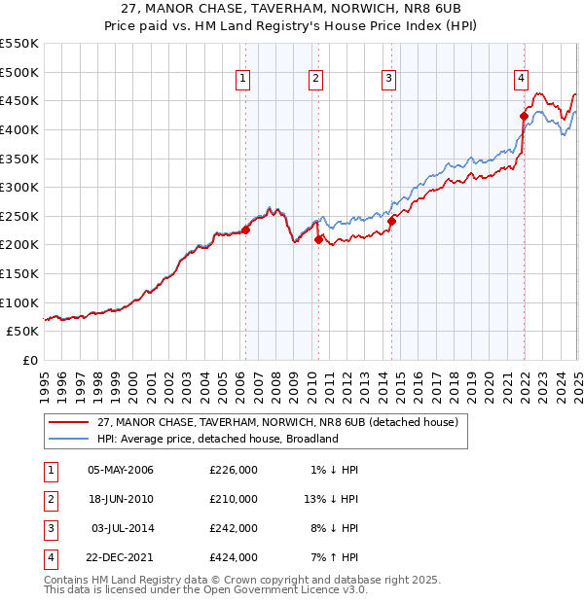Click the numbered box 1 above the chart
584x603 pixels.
tap(241, 80)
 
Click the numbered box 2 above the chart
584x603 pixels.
tap(316, 80)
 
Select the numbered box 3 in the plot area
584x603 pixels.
tap(388, 80)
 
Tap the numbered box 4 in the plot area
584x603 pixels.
tap(522, 80)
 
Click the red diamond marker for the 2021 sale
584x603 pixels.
tap(524, 116)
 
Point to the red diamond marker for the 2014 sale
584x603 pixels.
tap(391, 221)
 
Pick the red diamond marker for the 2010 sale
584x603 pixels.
tap(319, 239)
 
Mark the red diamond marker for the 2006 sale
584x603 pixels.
tap(245, 230)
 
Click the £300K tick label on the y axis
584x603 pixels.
tap(19, 187)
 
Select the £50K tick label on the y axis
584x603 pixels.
tap(23, 332)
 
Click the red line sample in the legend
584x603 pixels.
tap(68, 422)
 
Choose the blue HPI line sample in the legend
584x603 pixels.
tap(68, 439)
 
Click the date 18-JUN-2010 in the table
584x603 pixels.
tap(121, 499)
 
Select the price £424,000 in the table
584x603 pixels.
tap(233, 557)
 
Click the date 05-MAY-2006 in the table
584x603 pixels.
tap(121, 470)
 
